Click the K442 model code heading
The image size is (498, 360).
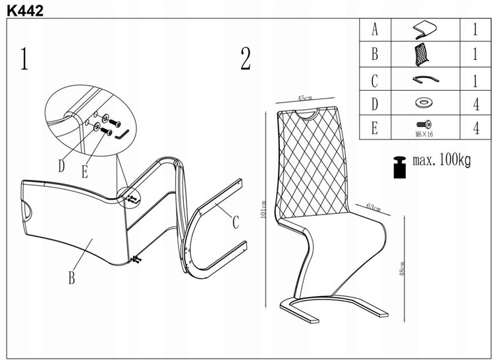tap(22, 9)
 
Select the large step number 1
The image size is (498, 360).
tap(24, 59)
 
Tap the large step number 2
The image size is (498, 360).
tap(245, 59)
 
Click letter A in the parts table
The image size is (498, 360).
tap(375, 30)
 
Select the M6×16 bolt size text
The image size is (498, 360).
tap(424, 134)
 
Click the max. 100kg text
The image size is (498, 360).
tap(441, 160)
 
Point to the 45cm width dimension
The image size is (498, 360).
tap(304, 98)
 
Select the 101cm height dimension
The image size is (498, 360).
tap(263, 211)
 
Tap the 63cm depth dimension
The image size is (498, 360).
tap(373, 208)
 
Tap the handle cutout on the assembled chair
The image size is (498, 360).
tap(308, 117)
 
